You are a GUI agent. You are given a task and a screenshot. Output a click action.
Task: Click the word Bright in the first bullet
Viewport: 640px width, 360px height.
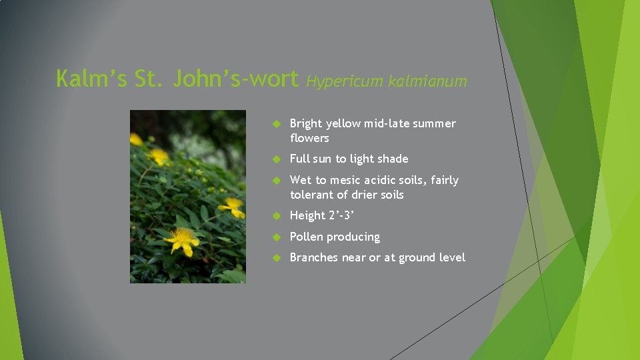click(306, 123)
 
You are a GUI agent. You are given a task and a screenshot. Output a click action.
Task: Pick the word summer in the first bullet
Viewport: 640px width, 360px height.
click(434, 123)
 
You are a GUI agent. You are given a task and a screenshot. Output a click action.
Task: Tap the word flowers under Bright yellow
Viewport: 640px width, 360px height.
click(309, 138)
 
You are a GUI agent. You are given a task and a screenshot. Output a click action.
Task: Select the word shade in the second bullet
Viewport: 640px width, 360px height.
click(393, 159)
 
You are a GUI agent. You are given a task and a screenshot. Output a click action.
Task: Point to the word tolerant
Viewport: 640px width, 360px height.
click(313, 195)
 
